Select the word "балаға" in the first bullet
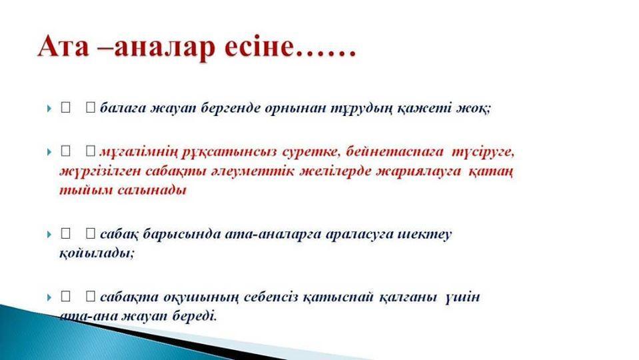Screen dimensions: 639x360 [x=123, y=109]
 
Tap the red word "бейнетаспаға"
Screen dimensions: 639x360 [x=394, y=152]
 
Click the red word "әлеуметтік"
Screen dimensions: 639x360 [x=252, y=171]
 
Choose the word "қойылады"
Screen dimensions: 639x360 [x=96, y=253]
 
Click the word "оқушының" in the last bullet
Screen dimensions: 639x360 [x=201, y=297]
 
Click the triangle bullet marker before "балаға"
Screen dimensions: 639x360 [x=49, y=109]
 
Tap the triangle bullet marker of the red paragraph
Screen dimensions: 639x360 [x=49, y=152]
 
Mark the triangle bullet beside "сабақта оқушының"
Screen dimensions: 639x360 [x=49, y=297]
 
